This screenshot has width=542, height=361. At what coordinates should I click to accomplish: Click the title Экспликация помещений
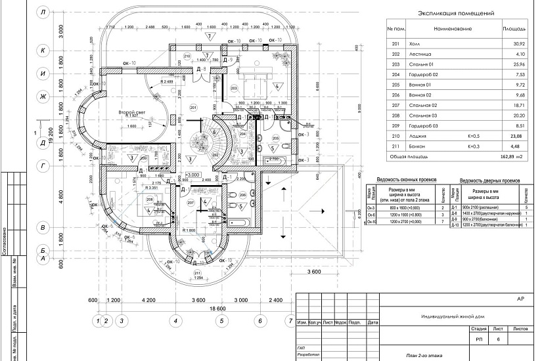pos(456,12)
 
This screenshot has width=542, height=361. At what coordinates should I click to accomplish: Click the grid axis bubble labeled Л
pos(43,12)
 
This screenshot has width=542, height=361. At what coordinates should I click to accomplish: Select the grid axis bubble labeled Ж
pos(43,96)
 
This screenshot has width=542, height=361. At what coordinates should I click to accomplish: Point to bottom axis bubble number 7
pos(290,321)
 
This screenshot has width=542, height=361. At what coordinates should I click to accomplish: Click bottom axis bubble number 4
pos(175,321)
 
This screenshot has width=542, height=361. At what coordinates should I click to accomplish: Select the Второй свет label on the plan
pos(131,113)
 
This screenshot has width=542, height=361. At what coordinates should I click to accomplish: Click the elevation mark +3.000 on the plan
pos(194,175)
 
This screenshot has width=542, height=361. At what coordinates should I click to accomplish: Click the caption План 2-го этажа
pos(424,355)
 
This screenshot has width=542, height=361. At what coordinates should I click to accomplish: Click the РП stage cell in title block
pos(478,339)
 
